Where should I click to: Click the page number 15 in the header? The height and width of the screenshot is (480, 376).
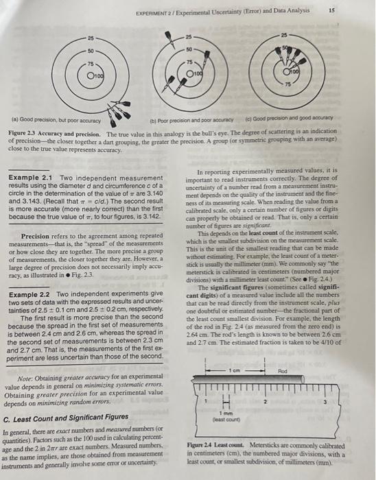coord(352,10)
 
